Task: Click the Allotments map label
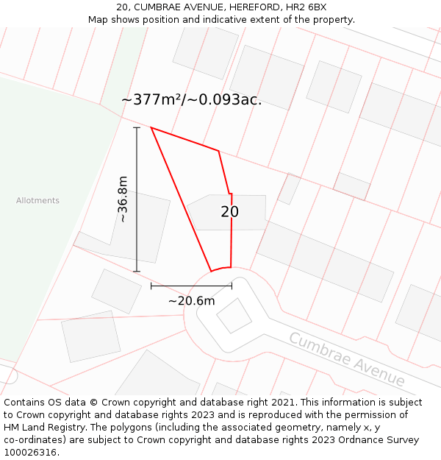click(37, 200)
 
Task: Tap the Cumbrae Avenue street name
click(346, 359)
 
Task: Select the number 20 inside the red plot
click(229, 212)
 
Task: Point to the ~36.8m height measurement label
click(123, 199)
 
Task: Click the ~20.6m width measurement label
click(191, 300)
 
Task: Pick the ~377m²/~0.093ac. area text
click(191, 100)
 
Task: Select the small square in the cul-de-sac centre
click(234, 316)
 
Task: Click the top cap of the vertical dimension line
click(137, 127)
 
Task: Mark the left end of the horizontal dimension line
click(151, 286)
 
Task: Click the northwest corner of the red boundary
click(151, 127)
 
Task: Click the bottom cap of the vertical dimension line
click(137, 272)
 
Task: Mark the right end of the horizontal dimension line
click(232, 286)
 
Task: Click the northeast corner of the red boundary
click(218, 151)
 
